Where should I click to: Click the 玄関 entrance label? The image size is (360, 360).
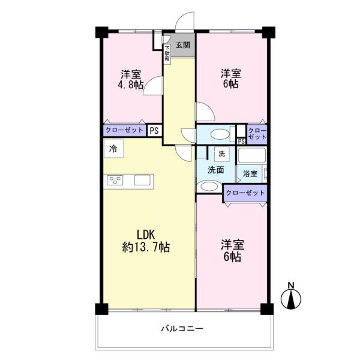click(x=183, y=45)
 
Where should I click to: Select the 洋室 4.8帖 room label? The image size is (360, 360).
click(x=131, y=79)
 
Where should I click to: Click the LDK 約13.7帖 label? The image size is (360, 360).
click(x=146, y=241)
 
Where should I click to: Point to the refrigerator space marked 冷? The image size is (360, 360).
click(x=113, y=148)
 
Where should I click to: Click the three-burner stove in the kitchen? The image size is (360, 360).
click(x=115, y=180)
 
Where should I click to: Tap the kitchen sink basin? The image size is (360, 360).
click(x=142, y=180)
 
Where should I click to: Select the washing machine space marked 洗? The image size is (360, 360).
click(x=222, y=154)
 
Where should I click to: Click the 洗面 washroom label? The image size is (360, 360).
click(x=216, y=170)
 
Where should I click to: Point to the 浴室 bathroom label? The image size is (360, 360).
click(x=250, y=173)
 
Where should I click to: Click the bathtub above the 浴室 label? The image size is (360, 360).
click(x=251, y=155)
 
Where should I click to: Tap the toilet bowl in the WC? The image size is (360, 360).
click(x=220, y=134)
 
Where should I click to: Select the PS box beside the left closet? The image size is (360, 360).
click(x=154, y=131)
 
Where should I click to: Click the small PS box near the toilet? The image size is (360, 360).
click(x=241, y=142)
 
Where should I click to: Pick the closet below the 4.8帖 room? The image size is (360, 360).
click(x=125, y=130)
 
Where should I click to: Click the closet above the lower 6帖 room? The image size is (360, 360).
click(x=245, y=193)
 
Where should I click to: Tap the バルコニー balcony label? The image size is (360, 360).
click(x=182, y=329)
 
